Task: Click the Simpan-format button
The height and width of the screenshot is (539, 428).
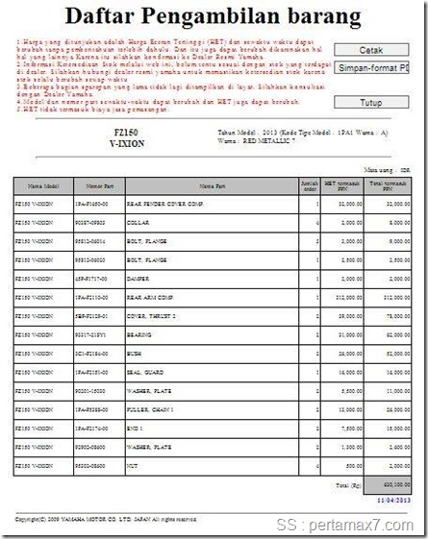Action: pyautogui.click(x=371, y=68)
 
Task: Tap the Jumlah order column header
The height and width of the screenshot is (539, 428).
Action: pyautogui.click(x=309, y=185)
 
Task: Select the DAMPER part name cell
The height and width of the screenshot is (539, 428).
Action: pyautogui.click(x=138, y=279)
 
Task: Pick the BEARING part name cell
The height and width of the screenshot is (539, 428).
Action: pyautogui.click(x=139, y=334)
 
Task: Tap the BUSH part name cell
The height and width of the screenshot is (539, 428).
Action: pyautogui.click(x=135, y=353)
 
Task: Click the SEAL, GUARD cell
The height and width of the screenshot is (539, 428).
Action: pyautogui.click(x=143, y=371)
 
